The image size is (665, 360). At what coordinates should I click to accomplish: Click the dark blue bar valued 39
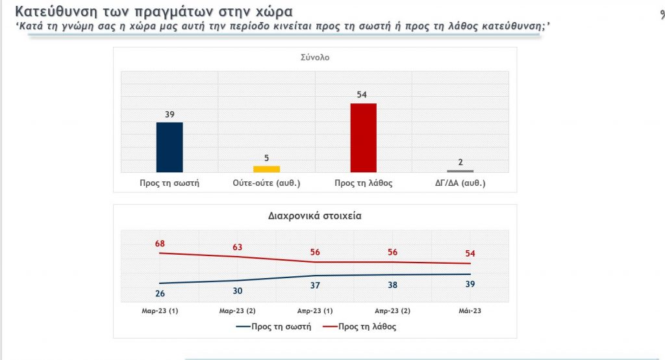coord(169,147)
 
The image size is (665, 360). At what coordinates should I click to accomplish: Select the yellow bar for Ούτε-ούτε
coord(266,169)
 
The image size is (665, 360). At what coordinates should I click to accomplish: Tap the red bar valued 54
coord(363,137)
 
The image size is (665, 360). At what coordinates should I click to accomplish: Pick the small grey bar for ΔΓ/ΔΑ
coord(460,171)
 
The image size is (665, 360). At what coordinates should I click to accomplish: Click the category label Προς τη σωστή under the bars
coord(169,183)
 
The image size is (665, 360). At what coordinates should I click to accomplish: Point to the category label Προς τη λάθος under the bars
coord(363,183)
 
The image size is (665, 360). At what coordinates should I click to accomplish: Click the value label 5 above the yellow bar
coord(266,158)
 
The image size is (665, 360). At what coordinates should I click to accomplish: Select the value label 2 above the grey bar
coord(460,162)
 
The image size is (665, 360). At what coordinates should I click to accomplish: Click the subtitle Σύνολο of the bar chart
coord(315,57)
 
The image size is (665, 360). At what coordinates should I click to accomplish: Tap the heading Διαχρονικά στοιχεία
coord(315,216)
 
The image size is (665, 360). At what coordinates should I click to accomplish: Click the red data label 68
coord(160,244)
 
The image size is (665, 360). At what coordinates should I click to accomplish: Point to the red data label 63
coord(237,247)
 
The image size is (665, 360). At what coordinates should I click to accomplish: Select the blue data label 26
coord(160,294)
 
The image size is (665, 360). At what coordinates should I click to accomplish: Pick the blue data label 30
coord(237,291)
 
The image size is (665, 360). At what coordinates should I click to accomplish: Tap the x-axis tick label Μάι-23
coord(470,311)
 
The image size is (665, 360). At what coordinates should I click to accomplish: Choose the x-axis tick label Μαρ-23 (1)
coord(160,311)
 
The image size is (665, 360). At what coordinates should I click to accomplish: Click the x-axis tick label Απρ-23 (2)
coord(392,311)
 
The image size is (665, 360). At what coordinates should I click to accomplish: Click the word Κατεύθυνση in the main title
coord(55,12)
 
